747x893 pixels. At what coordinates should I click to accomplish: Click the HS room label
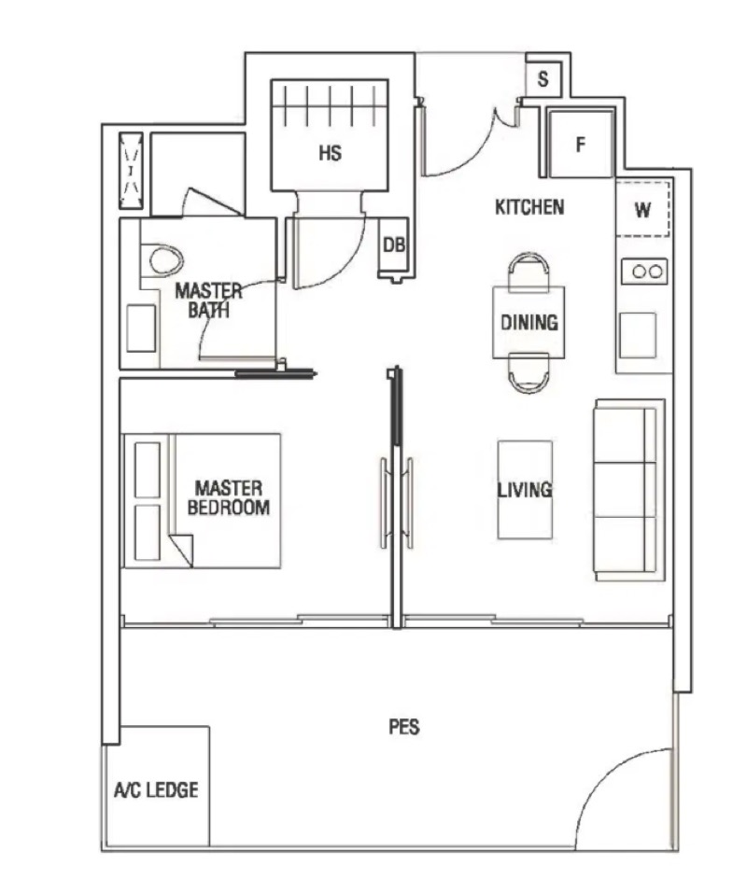click(330, 153)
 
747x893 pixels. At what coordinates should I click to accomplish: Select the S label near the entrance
click(543, 78)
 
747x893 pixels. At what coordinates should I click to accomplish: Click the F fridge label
click(580, 145)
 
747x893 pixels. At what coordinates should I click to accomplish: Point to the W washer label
click(642, 210)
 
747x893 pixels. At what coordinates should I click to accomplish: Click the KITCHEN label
click(529, 207)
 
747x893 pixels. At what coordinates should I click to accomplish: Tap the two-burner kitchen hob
click(644, 272)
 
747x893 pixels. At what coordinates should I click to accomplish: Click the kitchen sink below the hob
click(638, 335)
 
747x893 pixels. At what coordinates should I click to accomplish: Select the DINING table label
click(529, 322)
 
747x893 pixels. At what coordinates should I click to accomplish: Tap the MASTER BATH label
click(208, 300)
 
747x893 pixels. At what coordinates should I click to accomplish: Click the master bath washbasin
click(141, 328)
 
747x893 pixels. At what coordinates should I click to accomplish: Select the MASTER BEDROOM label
click(229, 497)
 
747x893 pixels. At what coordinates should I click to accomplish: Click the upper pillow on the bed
click(147, 470)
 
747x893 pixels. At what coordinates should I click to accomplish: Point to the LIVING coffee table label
click(525, 490)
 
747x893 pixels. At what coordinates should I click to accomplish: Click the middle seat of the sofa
click(625, 490)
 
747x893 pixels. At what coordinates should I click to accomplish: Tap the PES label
click(404, 727)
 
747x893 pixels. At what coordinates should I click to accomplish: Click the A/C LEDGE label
click(156, 790)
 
